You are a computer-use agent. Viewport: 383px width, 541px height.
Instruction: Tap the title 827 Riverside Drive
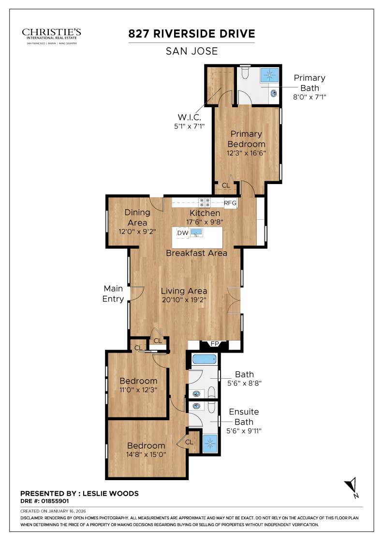click(x=191, y=34)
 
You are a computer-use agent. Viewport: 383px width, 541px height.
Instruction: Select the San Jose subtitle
click(x=191, y=51)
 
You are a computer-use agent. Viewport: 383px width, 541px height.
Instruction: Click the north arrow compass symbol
click(x=352, y=486)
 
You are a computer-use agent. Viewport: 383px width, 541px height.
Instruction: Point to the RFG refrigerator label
click(x=230, y=203)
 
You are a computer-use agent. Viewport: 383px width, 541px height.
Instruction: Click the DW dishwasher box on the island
click(x=182, y=233)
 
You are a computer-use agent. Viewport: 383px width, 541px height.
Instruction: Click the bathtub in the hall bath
click(x=204, y=359)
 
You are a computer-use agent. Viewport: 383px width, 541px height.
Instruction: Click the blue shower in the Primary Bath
click(x=270, y=75)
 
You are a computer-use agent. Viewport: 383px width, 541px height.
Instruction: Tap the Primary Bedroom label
click(x=246, y=139)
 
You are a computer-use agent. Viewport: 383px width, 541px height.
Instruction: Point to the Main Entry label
click(x=114, y=294)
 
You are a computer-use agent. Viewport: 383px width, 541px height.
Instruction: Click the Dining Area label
click(x=137, y=217)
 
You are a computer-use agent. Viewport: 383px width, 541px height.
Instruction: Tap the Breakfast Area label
click(x=196, y=253)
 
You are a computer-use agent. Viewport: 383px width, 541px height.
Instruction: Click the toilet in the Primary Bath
click(x=245, y=73)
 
